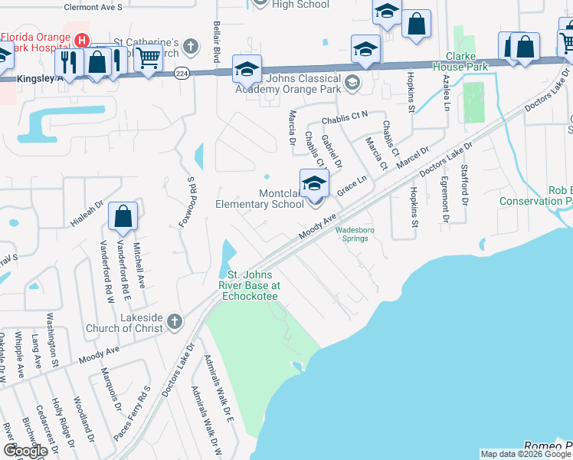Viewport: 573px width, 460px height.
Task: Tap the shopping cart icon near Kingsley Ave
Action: click(148, 57)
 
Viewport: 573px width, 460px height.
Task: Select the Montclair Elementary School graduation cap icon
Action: click(313, 184)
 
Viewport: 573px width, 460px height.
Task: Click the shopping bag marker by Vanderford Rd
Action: click(123, 218)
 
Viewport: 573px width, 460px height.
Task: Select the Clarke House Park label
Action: click(467, 61)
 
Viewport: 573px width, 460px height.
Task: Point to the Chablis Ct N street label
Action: click(345, 119)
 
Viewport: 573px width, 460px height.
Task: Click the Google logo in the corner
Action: click(25, 451)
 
